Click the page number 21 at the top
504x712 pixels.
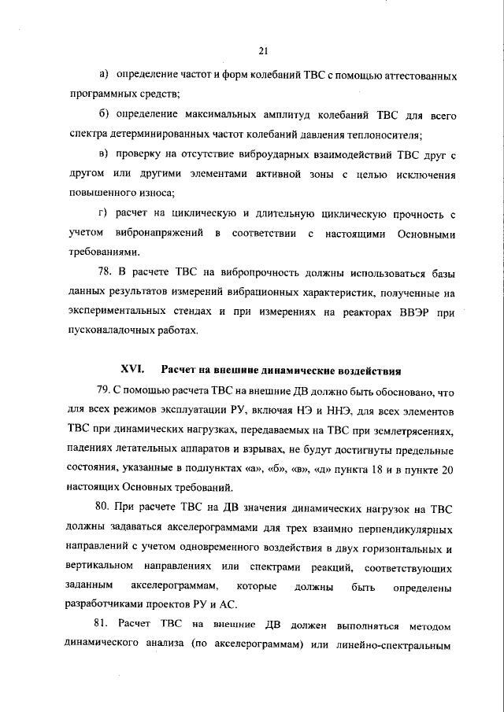click(x=263, y=51)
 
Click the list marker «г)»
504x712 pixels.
click(x=102, y=213)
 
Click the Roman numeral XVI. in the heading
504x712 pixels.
click(x=131, y=369)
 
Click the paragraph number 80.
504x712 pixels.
click(x=103, y=507)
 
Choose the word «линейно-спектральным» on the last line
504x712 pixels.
click(x=402, y=644)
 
